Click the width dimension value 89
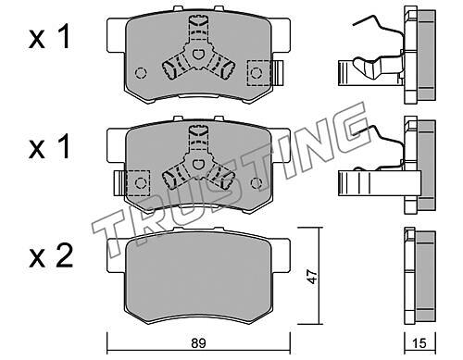coord(198,343)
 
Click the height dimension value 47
coord(312,277)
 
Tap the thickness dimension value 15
coord(419,343)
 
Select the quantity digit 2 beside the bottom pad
coord(64,255)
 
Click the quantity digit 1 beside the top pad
coord(65,37)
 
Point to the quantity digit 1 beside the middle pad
coord(65,147)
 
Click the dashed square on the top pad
coord(259,73)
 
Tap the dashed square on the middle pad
coord(138,183)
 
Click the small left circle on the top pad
coord(141,73)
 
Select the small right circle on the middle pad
coord(257,183)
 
